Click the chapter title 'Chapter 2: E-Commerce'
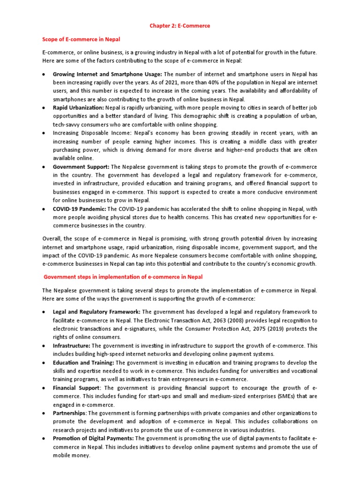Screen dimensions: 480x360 [180, 26]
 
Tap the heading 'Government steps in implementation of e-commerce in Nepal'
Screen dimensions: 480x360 [123, 277]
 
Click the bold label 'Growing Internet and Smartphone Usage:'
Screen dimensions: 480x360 [107, 74]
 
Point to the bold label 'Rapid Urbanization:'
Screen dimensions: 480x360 [78, 108]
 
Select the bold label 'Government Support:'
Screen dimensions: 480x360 [81, 167]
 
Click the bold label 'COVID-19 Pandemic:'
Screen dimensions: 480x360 [80, 209]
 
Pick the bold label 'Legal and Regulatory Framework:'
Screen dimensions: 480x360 [97, 312]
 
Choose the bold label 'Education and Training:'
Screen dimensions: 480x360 [83, 362]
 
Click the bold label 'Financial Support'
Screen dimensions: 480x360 [76, 388]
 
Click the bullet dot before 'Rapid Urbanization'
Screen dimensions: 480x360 [44, 108]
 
